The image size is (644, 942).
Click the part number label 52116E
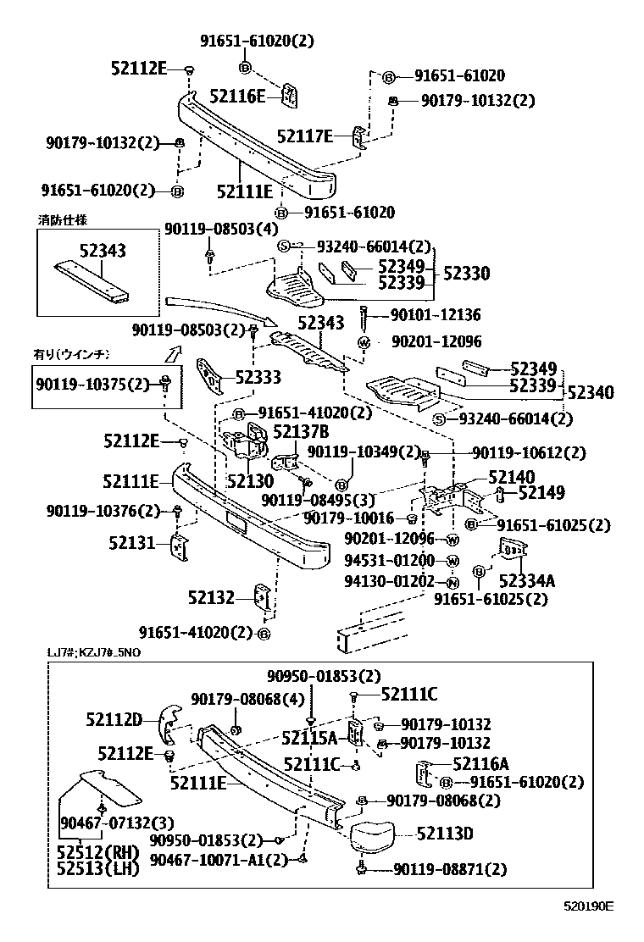(x=237, y=96)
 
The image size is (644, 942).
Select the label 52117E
(x=305, y=136)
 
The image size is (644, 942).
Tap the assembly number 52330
(x=466, y=274)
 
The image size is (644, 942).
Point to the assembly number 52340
(x=591, y=392)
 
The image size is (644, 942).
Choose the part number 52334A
(x=526, y=580)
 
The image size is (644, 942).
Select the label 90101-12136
(x=435, y=315)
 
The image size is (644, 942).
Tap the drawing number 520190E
(x=589, y=906)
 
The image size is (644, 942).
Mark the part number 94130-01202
(x=390, y=581)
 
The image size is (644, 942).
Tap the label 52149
(x=541, y=492)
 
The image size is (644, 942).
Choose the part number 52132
(x=211, y=598)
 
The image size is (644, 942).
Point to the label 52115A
(x=309, y=737)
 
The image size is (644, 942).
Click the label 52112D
(x=114, y=720)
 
